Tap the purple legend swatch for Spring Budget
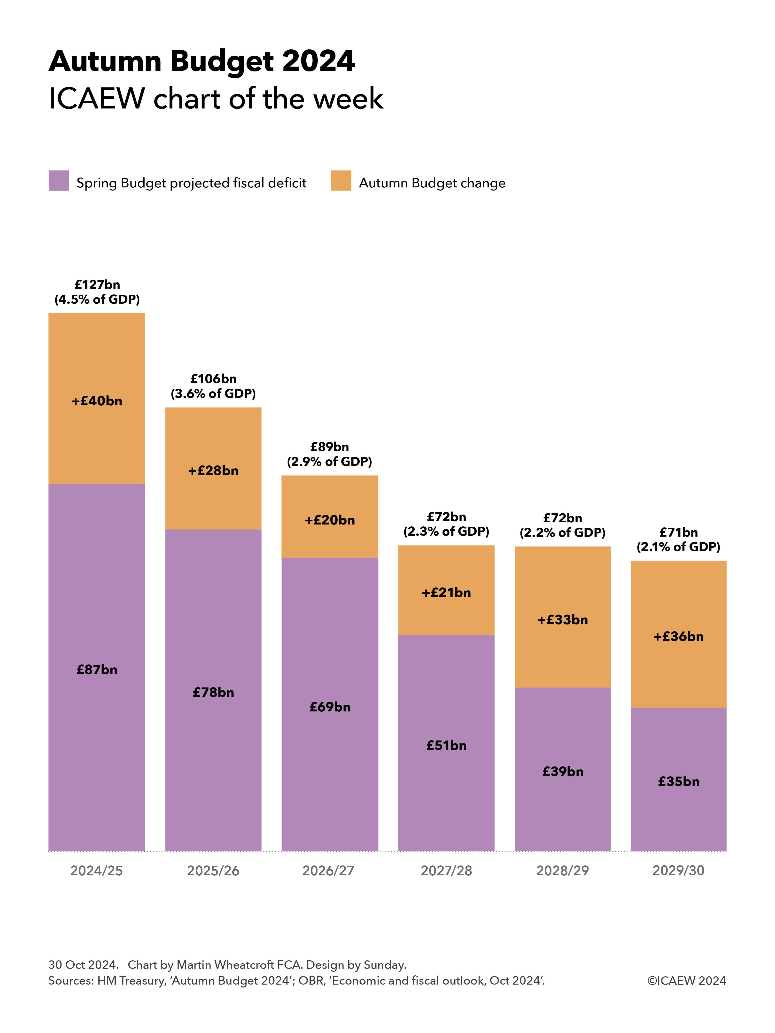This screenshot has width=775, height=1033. [59, 181]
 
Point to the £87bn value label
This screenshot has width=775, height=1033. [97, 670]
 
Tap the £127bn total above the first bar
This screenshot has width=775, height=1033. [97, 284]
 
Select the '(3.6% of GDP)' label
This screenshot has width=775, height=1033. [213, 394]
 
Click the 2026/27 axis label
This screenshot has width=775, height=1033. [328, 871]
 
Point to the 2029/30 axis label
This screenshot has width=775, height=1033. [678, 871]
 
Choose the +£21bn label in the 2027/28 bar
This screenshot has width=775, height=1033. [446, 593]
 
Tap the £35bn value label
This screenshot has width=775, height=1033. [678, 781]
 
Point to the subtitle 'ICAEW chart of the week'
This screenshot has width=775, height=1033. [216, 99]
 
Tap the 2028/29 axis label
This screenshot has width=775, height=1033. [562, 871]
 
